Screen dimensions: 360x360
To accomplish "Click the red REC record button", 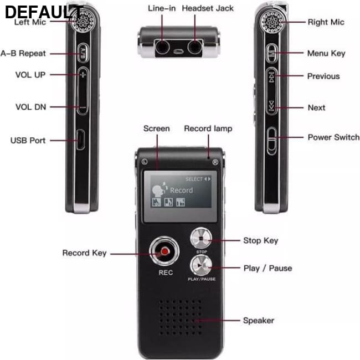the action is pyautogui.click(x=164, y=251).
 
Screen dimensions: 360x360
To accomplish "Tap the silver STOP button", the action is pyautogui.click(x=201, y=238).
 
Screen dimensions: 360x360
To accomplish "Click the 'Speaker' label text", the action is pyautogui.click(x=259, y=321).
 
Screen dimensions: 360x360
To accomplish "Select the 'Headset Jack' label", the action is pyautogui.click(x=208, y=8).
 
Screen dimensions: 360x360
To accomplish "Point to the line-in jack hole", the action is pyautogui.click(x=162, y=48).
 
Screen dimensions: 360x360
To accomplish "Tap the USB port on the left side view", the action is pyautogui.click(x=80, y=140).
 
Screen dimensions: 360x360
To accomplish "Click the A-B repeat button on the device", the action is pyautogui.click(x=83, y=53).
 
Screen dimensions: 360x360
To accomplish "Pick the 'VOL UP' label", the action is pyautogui.click(x=30, y=75).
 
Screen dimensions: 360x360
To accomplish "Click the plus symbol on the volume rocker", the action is pyautogui.click(x=83, y=74).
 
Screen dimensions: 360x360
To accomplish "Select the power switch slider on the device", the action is pyautogui.click(x=271, y=141).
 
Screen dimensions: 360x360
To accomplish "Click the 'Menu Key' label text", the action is pyautogui.click(x=326, y=53).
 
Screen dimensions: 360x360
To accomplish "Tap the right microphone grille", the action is pyautogui.click(x=272, y=22).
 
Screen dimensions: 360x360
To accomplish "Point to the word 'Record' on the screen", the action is pyautogui.click(x=181, y=191).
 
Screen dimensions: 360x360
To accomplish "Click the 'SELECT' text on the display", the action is pyautogui.click(x=194, y=179).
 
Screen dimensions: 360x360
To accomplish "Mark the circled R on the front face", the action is pyautogui.click(x=215, y=162).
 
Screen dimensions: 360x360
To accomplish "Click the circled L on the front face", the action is pyautogui.click(x=145, y=161).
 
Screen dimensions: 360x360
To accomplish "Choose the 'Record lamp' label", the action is pyautogui.click(x=208, y=128).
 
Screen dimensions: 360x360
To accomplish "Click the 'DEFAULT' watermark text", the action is pyautogui.click(x=44, y=12).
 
